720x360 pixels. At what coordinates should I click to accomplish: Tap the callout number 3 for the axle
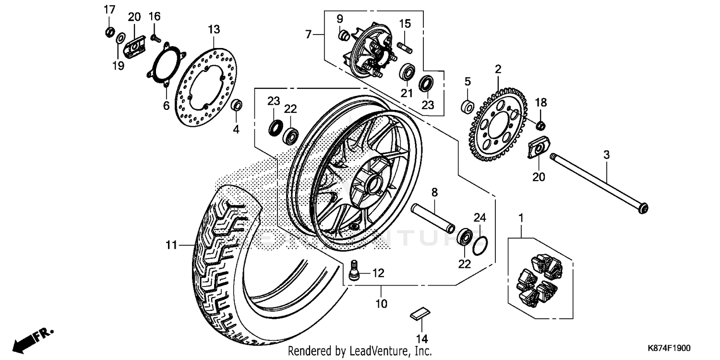pyautogui.click(x=606, y=155)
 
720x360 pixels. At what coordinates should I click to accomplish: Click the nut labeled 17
pyautogui.click(x=109, y=33)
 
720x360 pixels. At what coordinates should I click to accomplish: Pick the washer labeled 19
pyautogui.click(x=120, y=37)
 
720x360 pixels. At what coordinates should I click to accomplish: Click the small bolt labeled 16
pyautogui.click(x=155, y=37)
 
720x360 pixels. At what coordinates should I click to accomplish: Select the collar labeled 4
pyautogui.click(x=237, y=105)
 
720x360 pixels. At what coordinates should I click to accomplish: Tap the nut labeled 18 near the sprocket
pyautogui.click(x=540, y=126)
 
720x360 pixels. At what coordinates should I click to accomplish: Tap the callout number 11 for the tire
pyautogui.click(x=172, y=245)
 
